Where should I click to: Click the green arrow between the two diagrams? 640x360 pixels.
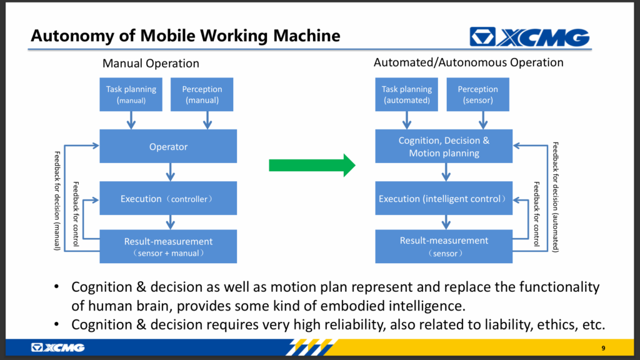(312, 165)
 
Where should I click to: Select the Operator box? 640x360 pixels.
(168, 146)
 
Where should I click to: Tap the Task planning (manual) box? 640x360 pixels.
(131, 94)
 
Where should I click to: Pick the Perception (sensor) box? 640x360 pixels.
(478, 94)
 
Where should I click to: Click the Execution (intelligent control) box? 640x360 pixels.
(444, 198)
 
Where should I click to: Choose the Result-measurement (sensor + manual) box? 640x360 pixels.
(168, 246)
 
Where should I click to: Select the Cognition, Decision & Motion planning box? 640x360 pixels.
(444, 146)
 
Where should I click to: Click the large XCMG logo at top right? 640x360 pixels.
(529, 37)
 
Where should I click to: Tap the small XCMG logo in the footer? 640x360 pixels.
(58, 347)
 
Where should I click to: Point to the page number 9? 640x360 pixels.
(603, 348)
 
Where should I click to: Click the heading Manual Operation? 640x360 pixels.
(151, 63)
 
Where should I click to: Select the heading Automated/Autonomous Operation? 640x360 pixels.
(469, 62)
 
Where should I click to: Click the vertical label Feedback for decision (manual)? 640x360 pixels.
(57, 201)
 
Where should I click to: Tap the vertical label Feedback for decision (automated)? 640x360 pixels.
(556, 197)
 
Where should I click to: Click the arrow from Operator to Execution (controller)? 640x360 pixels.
(171, 172)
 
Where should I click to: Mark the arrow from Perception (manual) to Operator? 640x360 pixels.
(207, 120)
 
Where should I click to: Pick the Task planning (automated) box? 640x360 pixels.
(406, 94)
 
